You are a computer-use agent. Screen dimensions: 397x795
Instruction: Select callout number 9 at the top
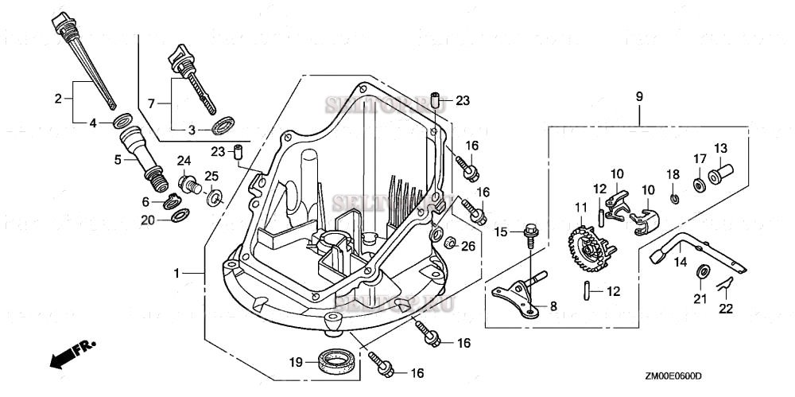tap(638, 96)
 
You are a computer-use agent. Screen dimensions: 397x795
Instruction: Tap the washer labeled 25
tap(215, 197)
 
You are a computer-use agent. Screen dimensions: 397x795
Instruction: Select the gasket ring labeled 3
tap(224, 126)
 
